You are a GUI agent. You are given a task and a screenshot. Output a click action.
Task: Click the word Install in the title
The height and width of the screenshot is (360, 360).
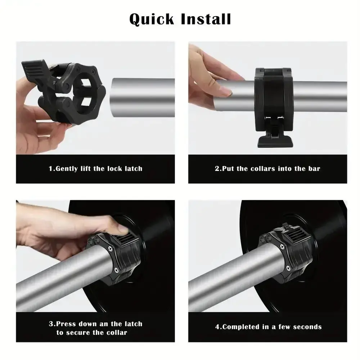pyautogui.click(x=206, y=19)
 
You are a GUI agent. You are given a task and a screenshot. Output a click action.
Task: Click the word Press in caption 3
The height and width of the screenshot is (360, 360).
pyautogui.click(x=67, y=324)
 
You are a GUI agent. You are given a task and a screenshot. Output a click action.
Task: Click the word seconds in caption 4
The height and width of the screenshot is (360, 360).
pyautogui.click(x=307, y=327)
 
